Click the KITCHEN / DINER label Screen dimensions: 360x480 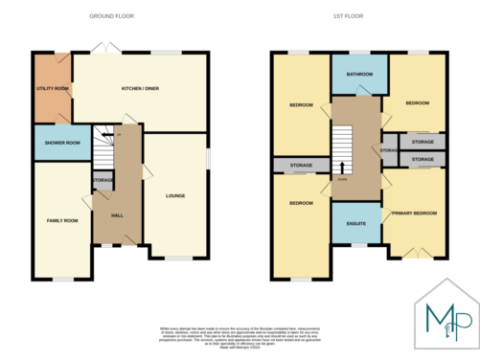click(140, 89)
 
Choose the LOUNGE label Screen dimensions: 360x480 click(174, 196)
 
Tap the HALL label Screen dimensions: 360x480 click(117, 215)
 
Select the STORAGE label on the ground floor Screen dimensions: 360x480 click(103, 180)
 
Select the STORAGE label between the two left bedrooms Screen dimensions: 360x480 click(302, 166)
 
